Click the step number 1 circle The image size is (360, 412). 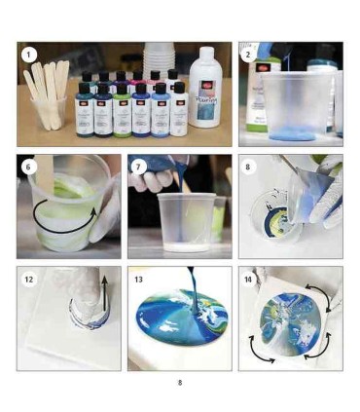point(29,55)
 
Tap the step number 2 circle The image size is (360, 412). point(250,55)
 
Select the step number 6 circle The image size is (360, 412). point(29,167)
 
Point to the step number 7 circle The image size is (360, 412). point(140,167)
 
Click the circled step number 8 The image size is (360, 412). point(250,167)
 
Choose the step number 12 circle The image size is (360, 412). point(30,280)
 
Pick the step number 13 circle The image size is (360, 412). point(140,280)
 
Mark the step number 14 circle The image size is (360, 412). point(250,280)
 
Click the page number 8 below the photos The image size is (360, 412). point(179,382)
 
